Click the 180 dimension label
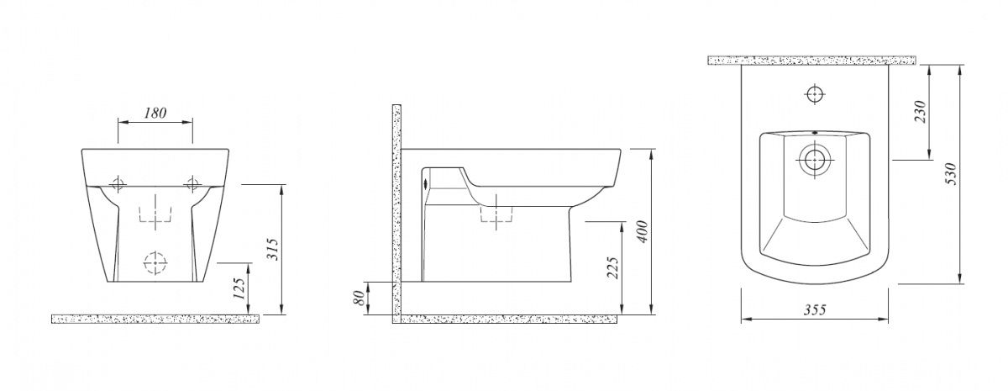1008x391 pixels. pyautogui.click(x=155, y=113)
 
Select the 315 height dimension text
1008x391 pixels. pyautogui.click(x=273, y=249)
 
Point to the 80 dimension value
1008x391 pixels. pyautogui.click(x=359, y=298)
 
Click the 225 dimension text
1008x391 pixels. pyautogui.click(x=612, y=267)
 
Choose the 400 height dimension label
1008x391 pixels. pyautogui.click(x=643, y=231)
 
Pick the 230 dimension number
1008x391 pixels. pyautogui.click(x=920, y=112)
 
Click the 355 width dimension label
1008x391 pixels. pyautogui.click(x=815, y=310)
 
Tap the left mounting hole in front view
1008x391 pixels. pyautogui.click(x=118, y=184)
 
